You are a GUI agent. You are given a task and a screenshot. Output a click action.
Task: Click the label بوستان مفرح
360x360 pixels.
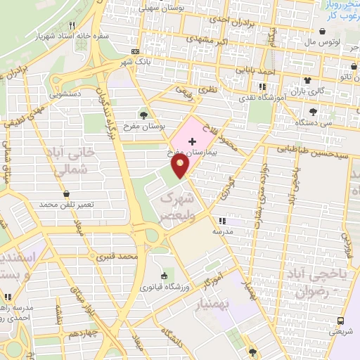pos(143,127)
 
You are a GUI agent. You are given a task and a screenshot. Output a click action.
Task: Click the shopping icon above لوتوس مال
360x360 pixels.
pos(323,31)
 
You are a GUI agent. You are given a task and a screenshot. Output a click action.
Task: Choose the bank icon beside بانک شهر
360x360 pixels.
pos(135,51)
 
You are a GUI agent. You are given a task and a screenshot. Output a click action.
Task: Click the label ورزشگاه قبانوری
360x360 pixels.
pos(164,287)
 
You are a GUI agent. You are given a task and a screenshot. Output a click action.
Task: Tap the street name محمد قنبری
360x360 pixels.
pos(118,257)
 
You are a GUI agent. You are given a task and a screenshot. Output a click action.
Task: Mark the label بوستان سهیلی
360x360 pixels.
pos(162,8)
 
